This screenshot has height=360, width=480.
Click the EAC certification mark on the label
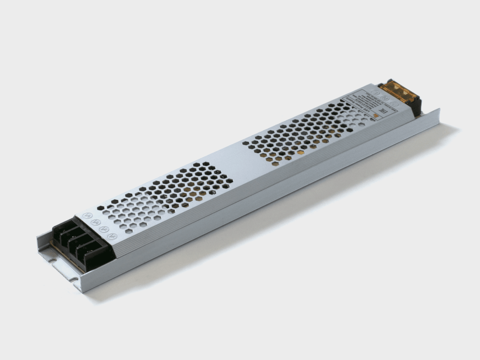click(x=383, y=111)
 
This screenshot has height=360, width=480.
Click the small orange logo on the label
click(x=376, y=116)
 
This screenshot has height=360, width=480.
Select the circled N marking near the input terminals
click(x=385, y=98)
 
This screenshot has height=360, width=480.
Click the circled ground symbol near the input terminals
click(x=394, y=104)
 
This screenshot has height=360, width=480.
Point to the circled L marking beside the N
click(x=376, y=92)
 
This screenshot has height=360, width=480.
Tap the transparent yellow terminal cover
click(x=399, y=92)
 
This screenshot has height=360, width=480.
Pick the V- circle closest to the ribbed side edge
click(x=112, y=236)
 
